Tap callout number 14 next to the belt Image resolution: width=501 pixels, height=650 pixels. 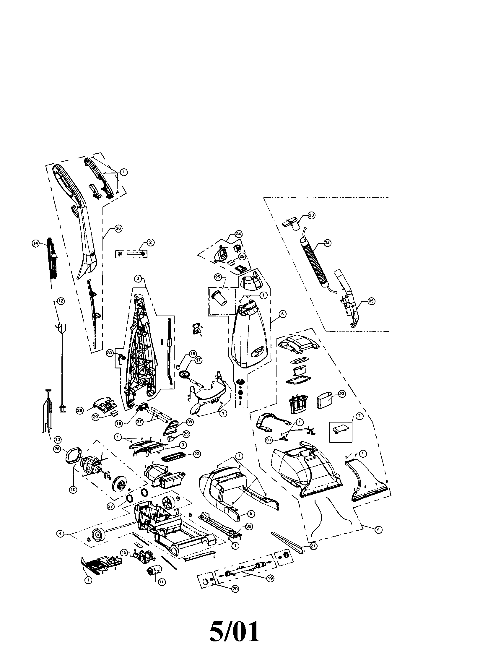tap(36, 243)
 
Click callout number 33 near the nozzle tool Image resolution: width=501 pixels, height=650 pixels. tap(311, 216)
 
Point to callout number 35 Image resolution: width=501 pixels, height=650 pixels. tap(371, 301)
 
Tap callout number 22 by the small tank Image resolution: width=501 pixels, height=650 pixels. tap(342, 394)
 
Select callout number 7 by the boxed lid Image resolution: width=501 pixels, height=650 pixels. tap(360, 416)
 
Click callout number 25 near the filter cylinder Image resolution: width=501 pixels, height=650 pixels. tap(218, 277)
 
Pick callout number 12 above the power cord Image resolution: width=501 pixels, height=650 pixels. tap(60, 301)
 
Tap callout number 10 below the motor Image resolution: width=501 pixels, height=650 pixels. tap(73, 489)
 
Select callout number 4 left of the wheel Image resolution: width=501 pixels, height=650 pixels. tap(60, 534)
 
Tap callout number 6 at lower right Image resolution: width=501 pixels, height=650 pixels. tap(378, 529)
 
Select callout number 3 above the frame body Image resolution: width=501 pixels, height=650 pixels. tap(138, 279)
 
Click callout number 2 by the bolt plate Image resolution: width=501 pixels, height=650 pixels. tap(151, 243)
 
